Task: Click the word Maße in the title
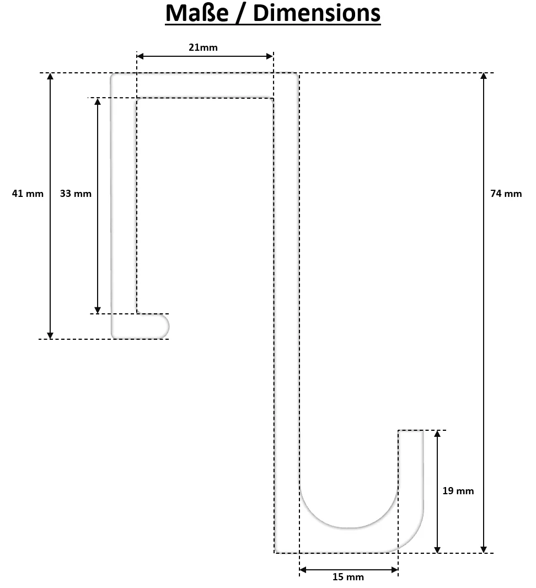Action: click(197, 13)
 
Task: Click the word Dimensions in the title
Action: click(317, 13)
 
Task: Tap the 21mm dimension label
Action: click(203, 47)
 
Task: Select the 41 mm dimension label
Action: click(28, 194)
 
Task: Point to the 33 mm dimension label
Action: click(76, 194)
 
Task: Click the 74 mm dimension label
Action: click(506, 194)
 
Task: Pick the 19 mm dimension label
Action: click(458, 491)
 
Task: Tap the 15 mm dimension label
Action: click(348, 577)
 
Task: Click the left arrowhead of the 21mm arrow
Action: click(140, 56)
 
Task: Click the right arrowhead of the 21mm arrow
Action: click(270, 56)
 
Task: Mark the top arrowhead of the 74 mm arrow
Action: click(484, 76)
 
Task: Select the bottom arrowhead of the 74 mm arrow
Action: click(484, 549)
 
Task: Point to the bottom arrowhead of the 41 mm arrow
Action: click(50, 335)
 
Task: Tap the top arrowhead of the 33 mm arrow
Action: click(98, 101)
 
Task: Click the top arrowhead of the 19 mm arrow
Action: click(437, 434)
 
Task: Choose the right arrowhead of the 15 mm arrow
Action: click(395, 570)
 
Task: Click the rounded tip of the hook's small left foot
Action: click(168, 326)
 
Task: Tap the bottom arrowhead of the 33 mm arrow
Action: click(98, 310)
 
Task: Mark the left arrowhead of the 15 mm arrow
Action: click(303, 570)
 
